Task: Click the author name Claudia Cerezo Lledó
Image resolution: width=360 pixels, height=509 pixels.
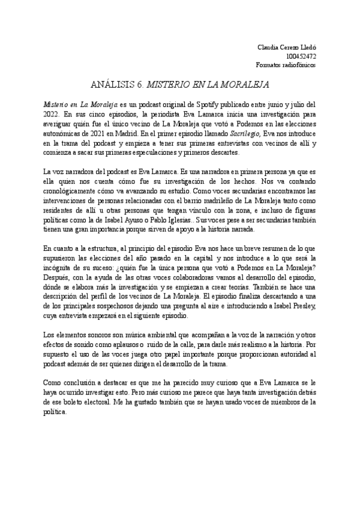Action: coord(286,47)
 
